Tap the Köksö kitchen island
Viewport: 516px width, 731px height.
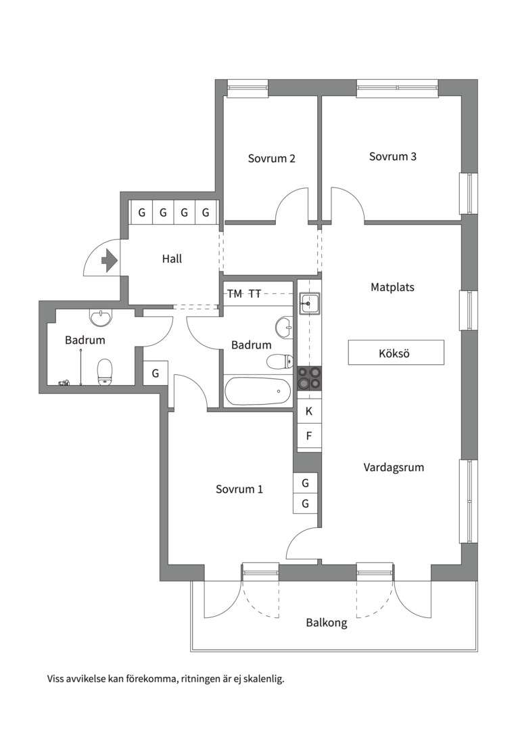[396, 353]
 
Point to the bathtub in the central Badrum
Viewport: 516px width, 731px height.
[257, 391]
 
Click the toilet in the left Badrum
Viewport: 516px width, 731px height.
[104, 372]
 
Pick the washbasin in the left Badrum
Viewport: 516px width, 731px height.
[100, 317]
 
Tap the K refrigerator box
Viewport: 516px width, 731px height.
[309, 411]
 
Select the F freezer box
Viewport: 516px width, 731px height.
[309, 436]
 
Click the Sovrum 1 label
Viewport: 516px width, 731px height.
[239, 489]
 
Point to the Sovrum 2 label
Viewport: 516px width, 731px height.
[271, 159]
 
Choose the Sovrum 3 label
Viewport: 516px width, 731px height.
[392, 156]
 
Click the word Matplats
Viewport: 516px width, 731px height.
[392, 287]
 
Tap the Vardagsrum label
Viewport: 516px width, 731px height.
[394, 467]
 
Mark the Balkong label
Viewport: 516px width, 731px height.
[326, 623]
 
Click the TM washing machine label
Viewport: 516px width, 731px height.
[235, 294]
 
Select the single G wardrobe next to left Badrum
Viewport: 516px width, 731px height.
[156, 373]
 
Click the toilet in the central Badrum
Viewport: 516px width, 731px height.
[279, 361]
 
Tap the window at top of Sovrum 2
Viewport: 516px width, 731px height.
[247, 87]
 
